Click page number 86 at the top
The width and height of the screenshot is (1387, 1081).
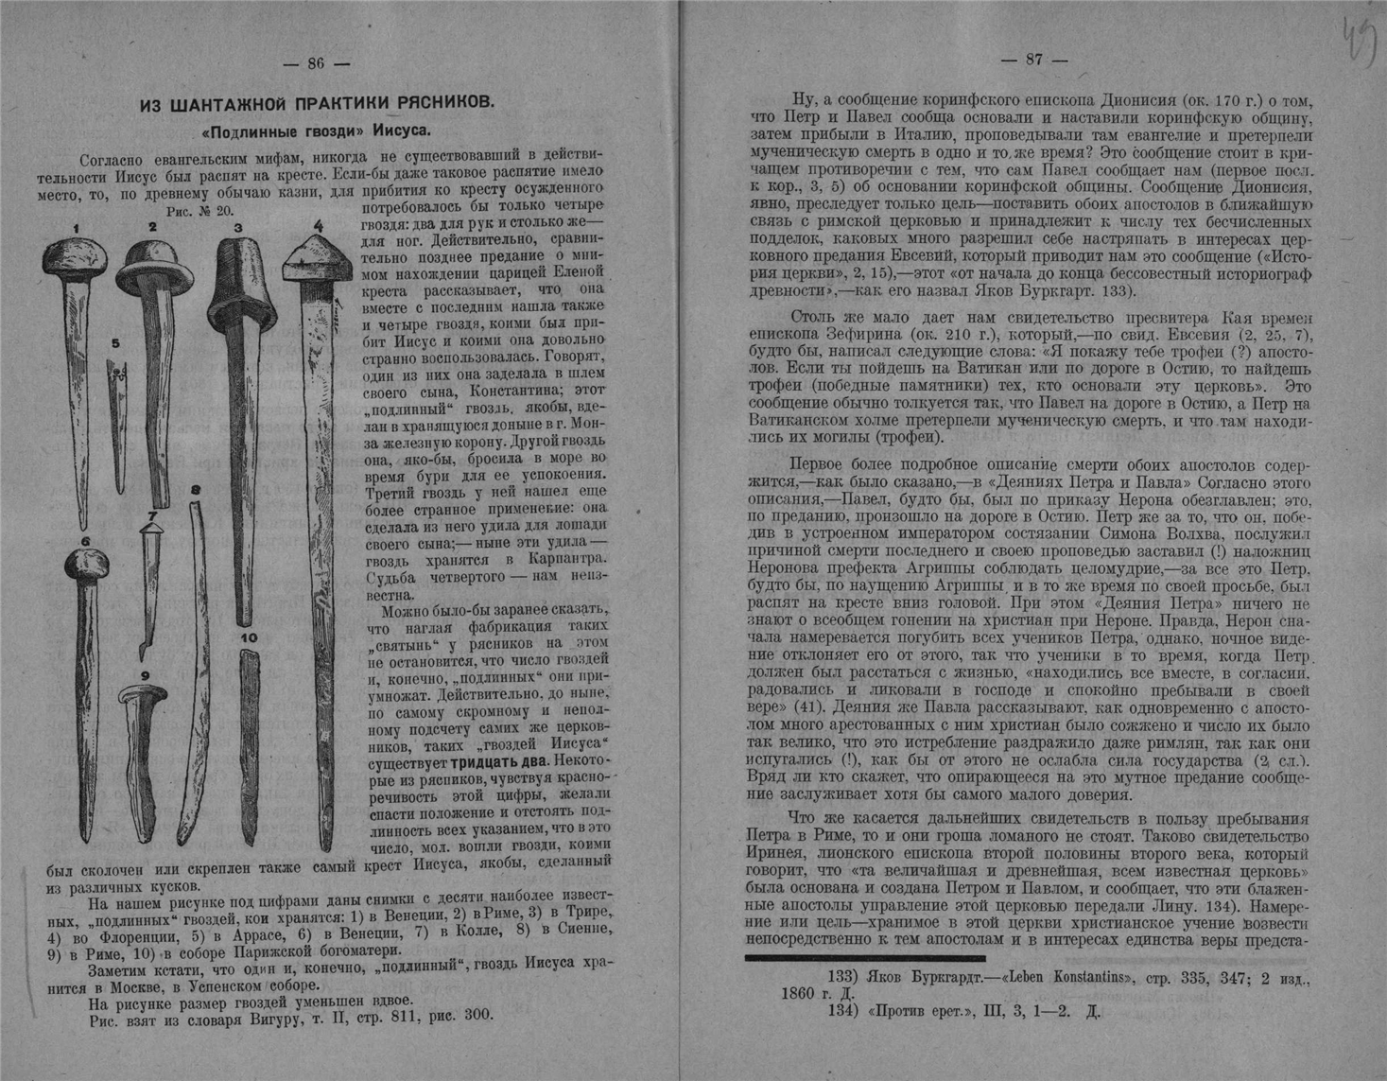(x=316, y=63)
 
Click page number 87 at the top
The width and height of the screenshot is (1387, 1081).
(x=1034, y=60)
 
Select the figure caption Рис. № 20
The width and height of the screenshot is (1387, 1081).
(x=199, y=211)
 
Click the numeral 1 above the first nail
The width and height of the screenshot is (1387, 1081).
(x=76, y=228)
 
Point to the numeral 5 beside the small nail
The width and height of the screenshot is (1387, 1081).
(x=115, y=343)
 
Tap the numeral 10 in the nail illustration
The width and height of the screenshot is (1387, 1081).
(x=249, y=638)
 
